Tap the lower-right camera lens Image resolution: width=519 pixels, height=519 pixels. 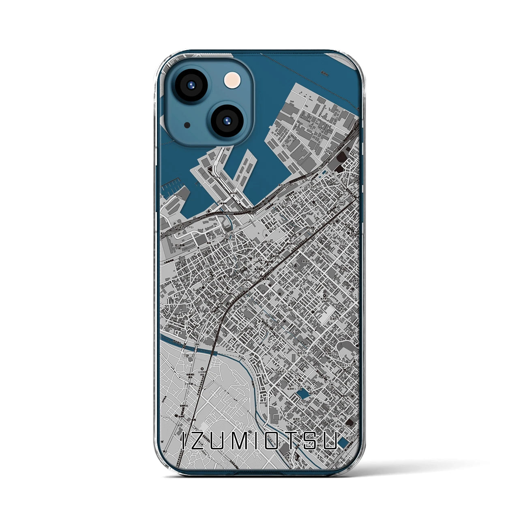pos(226,120)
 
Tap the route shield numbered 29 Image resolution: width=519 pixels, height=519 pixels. pos(231,233)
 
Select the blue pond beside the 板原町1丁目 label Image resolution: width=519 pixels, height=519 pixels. pos(301,393)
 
